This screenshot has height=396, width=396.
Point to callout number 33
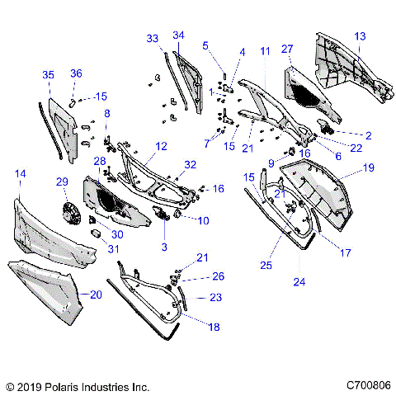153,38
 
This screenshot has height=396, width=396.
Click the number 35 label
49,74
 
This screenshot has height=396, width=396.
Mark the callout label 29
61,181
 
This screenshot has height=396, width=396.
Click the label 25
266,265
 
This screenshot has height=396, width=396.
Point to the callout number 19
368,167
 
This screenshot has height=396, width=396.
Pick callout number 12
162,145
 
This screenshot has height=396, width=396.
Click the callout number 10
203,220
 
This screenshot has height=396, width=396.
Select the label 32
191,164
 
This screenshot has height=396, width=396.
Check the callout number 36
76,73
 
